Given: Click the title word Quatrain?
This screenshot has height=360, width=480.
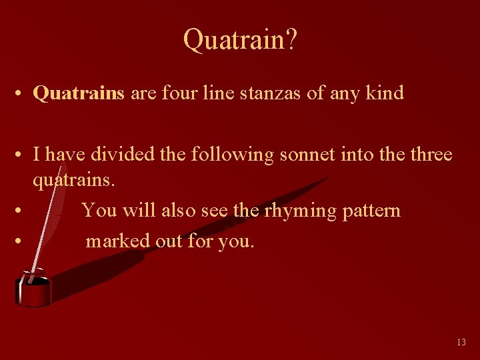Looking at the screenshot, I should click(240, 41).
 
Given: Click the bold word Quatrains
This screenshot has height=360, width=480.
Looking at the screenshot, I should click(79, 93).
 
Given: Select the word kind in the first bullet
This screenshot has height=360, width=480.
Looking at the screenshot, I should click(385, 93).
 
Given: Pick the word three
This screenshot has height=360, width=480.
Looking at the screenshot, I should click(426, 155).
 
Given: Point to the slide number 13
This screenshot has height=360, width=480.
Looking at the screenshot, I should click(461, 342).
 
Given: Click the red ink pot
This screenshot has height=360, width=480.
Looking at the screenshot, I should click(33, 289).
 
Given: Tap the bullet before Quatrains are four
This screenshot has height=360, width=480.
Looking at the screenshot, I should click(21, 94).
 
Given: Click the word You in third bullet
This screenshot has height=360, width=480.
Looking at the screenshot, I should click(99, 211).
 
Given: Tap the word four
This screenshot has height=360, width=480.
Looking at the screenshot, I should click(177, 93).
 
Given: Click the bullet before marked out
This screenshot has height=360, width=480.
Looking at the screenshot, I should click(21, 241).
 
